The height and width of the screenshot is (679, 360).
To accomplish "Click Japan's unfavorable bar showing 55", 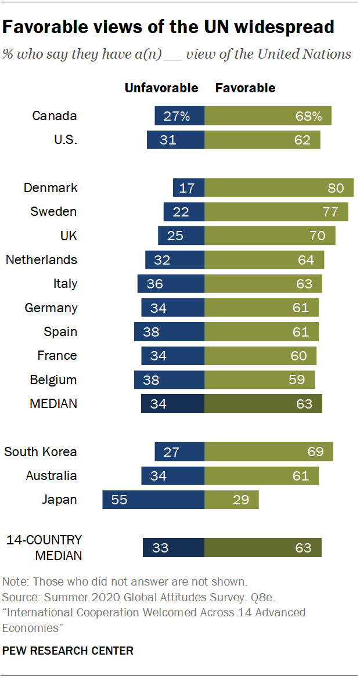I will click(x=153, y=500).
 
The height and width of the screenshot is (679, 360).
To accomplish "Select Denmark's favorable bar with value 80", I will click(x=279, y=188).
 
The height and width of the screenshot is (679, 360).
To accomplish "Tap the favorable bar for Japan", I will click(x=231, y=500).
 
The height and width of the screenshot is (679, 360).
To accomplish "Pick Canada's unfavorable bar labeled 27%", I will click(x=179, y=116).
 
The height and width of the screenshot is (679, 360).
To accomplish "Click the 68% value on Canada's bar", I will click(x=308, y=116).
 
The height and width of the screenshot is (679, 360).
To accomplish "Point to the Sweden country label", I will click(x=53, y=212).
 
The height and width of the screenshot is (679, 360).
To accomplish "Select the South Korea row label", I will click(x=41, y=452).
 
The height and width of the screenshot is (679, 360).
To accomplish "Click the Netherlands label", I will click(x=41, y=259).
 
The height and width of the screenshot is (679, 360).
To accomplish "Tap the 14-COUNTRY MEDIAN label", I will click(x=44, y=547).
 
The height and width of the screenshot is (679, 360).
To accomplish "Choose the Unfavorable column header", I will click(x=161, y=88).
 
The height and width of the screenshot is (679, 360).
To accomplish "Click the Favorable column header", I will click(x=245, y=88).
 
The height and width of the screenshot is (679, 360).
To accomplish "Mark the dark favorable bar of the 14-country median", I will click(x=263, y=547).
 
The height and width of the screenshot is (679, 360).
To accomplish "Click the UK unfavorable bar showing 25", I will click(x=181, y=236).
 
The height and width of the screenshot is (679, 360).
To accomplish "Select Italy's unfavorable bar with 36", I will click(x=171, y=284).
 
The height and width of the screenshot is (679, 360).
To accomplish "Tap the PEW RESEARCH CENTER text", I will click(x=68, y=651).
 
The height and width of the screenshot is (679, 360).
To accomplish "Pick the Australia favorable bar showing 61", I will click(x=261, y=476).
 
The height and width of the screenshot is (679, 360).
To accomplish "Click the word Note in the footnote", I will click(x=15, y=582).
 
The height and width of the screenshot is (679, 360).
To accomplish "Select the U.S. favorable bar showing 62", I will click(x=262, y=140).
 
